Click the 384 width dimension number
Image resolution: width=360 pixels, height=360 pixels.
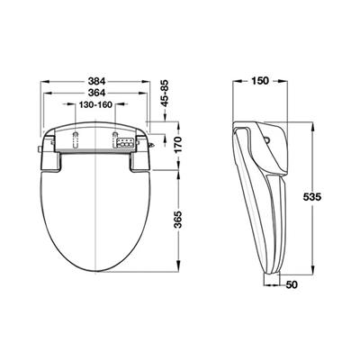point(96,81)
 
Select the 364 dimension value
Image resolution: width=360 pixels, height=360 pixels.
point(96,94)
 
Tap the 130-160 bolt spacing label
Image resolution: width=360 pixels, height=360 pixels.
point(95,104)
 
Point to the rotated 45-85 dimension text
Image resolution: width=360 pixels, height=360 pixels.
point(165,94)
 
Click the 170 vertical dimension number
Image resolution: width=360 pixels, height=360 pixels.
point(178,145)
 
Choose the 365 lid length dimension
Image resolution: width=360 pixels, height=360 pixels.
point(178,220)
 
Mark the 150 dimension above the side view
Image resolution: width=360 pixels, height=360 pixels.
point(260,81)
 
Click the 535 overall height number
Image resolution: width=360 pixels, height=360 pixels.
point(312,197)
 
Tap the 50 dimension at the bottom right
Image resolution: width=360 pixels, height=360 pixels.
point(292,284)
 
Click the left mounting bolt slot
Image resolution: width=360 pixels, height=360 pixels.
point(75,139)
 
